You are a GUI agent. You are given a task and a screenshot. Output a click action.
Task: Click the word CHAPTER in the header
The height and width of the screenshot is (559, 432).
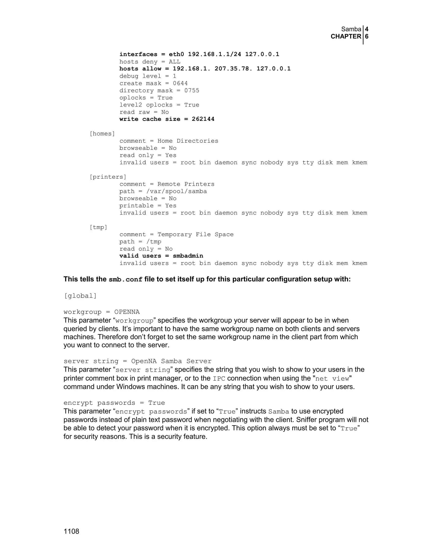pos(346,37)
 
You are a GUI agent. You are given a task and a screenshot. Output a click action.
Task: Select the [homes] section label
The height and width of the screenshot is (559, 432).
pos(102,134)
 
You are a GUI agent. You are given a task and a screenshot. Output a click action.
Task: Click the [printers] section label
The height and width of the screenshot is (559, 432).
pos(108,177)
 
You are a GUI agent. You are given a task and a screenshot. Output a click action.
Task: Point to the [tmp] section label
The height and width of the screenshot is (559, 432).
pos(98,227)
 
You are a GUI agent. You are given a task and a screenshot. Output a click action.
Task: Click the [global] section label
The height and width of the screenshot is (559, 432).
pos(80,296)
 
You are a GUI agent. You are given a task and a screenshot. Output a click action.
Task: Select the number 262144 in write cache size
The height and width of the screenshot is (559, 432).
pos(203,119)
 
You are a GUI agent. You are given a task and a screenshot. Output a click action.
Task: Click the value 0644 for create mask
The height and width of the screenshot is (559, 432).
pos(180,84)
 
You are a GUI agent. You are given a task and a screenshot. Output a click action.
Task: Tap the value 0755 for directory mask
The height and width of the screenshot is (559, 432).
pos(192,91)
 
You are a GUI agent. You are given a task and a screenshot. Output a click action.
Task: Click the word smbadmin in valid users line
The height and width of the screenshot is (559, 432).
pos(188,256)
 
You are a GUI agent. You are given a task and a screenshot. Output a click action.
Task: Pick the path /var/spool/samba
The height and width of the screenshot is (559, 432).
pos(176,192)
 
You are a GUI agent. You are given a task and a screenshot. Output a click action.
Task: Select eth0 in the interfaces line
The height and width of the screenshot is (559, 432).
pos(176,54)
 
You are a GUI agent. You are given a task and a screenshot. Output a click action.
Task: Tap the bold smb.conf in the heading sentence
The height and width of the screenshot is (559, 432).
pos(126,279)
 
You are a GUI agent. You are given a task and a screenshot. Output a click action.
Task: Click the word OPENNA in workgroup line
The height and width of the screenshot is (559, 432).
pos(127,312)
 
